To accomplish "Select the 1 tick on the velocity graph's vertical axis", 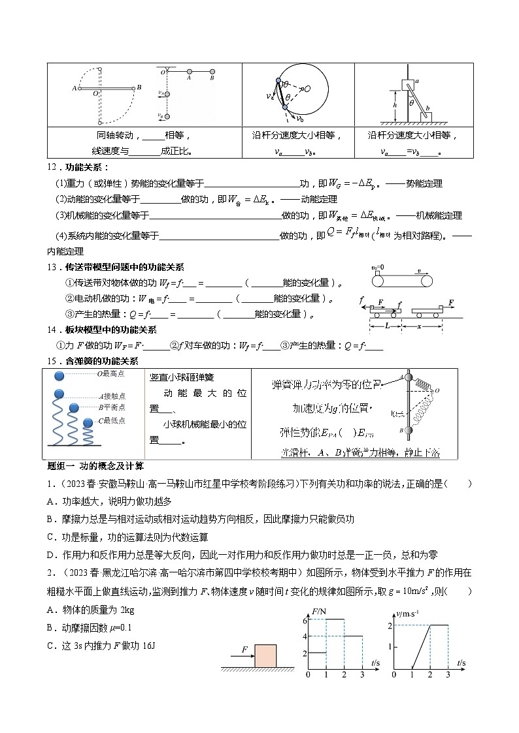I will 389,646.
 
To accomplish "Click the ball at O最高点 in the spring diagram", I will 59,375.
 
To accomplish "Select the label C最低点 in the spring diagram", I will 110,421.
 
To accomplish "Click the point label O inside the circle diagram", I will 307,88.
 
